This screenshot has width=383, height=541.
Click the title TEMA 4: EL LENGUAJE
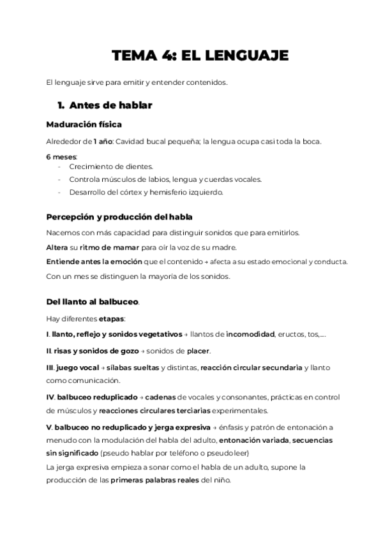point(200,56)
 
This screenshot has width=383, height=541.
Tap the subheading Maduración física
point(84,124)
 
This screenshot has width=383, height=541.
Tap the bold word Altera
point(58,247)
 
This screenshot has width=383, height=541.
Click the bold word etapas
point(112,318)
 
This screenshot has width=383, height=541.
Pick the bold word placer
point(198,351)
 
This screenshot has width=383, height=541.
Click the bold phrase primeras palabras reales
point(154,480)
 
